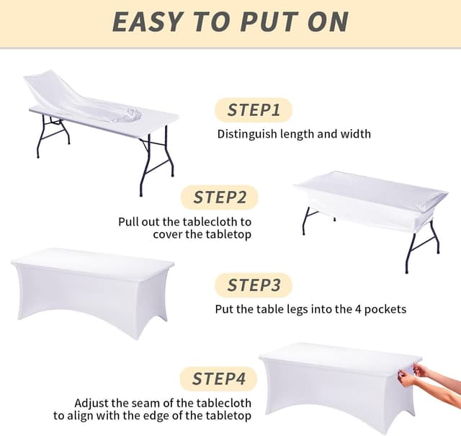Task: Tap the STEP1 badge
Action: [253, 110]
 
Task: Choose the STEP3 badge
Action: [254, 285]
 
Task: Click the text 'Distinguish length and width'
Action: [294, 133]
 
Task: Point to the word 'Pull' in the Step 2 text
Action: [129, 222]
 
